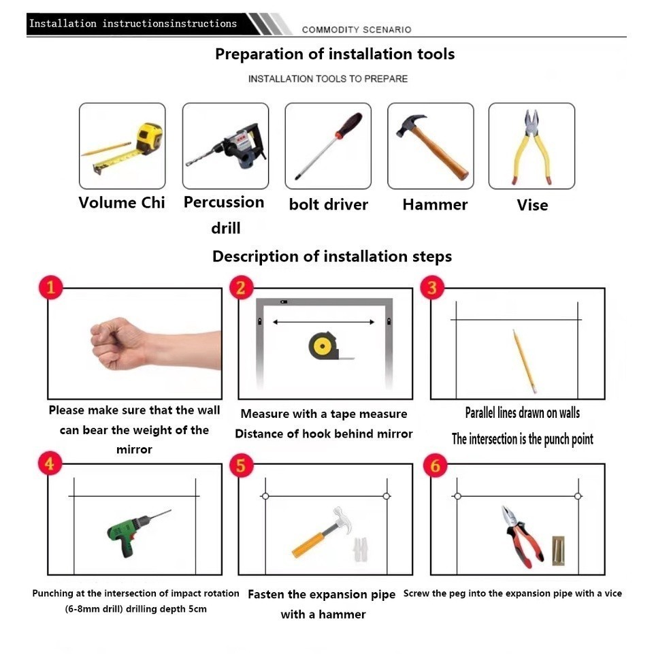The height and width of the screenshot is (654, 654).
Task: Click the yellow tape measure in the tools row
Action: click(149, 138)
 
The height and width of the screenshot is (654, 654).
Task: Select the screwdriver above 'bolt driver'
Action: click(328, 146)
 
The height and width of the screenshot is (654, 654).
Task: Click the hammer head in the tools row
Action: click(410, 125)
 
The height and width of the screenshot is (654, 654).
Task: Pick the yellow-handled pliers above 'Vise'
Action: click(532, 147)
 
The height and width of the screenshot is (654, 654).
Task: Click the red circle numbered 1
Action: click(51, 287)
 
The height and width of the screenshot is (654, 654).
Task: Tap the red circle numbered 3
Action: click(432, 287)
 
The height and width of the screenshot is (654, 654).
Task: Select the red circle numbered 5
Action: click(242, 465)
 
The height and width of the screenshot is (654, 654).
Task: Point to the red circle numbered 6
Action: click(435, 465)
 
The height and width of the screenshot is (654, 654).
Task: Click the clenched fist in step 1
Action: click(119, 343)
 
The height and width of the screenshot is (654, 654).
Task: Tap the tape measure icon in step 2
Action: click(325, 346)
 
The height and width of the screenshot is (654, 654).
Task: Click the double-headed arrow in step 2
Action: click(324, 322)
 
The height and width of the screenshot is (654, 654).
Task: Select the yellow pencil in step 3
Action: click(524, 361)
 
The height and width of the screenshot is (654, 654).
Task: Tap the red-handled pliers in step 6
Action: click(521, 537)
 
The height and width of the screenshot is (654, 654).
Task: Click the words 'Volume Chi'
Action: click(122, 203)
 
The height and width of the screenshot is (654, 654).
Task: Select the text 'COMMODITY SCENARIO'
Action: click(357, 30)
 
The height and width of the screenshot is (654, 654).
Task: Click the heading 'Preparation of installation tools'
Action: click(335, 54)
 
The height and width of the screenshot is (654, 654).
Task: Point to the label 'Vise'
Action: click(532, 206)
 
